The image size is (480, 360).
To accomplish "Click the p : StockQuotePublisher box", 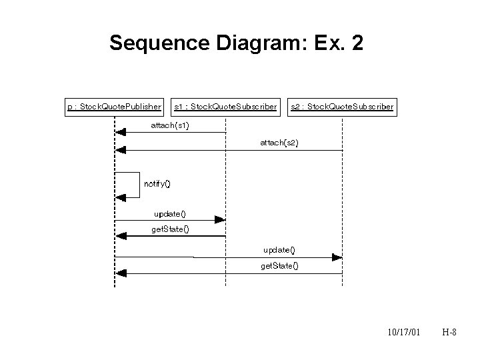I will coord(115,106).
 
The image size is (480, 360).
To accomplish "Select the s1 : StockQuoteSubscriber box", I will coord(225,106).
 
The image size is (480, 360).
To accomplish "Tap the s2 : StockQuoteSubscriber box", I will coord(342,106).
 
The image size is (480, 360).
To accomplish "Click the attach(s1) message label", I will coord(170,125).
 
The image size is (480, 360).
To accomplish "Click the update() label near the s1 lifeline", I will coord(169,213).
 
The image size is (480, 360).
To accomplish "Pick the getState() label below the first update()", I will coord(170,229).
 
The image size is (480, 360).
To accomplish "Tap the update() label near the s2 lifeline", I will coord(279,250).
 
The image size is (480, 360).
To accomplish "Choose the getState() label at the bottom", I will coord(279,265).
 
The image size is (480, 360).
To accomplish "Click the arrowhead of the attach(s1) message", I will coord(120,133).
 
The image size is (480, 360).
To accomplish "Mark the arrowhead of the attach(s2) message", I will coord(120,151).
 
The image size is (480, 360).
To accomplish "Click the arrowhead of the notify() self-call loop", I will coord(120,197).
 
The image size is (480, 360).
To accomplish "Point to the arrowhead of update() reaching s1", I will coord(221,219).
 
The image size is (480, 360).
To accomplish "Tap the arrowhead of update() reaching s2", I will coord(337,257).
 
